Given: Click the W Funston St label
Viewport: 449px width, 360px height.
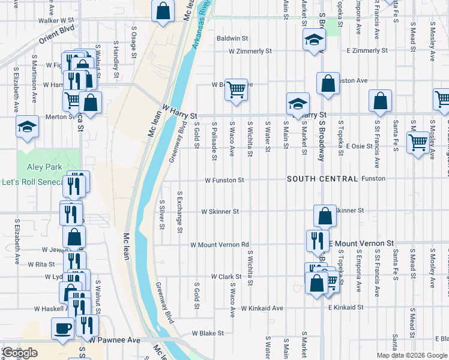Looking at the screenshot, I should pos(224,180).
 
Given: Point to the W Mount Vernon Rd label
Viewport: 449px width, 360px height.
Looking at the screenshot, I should pos(219,245).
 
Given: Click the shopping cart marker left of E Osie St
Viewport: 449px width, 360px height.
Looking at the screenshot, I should pos(418,143).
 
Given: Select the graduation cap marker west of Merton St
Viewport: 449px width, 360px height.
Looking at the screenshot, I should pos(27,127).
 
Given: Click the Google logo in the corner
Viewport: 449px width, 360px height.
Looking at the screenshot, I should pos(20,353).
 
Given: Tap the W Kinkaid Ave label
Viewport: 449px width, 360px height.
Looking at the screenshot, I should pos(262,308).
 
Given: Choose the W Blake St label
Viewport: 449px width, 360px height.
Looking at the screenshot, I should pos(208,332).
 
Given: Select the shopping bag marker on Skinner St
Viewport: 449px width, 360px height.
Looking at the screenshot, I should pos(324,216).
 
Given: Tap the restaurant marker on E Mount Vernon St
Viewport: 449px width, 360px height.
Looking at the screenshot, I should pos(316,241).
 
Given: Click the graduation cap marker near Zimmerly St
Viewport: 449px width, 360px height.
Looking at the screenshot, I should pos(313,40).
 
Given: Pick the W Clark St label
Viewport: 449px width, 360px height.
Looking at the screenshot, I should pos(226,277).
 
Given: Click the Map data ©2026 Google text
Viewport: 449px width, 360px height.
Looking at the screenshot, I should pos(411,355).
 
